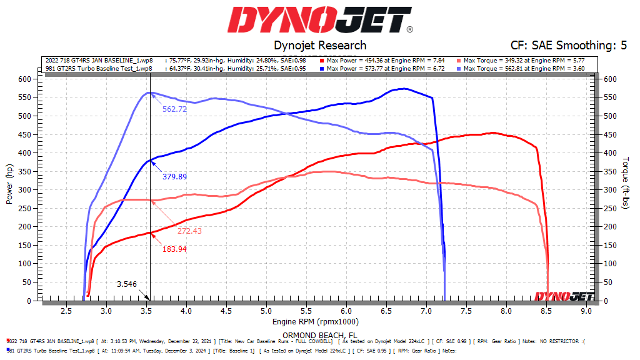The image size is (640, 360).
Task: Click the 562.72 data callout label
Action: (176, 109)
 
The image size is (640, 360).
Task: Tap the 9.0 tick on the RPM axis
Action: (586, 310)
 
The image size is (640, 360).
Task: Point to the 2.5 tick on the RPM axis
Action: (66, 310)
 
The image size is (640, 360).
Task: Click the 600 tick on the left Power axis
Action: (24, 79)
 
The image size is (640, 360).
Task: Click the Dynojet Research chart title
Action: (320, 46)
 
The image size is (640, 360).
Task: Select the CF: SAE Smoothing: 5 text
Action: (569, 46)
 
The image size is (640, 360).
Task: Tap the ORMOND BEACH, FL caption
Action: (320, 334)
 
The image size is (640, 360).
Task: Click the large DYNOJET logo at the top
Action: (320, 21)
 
